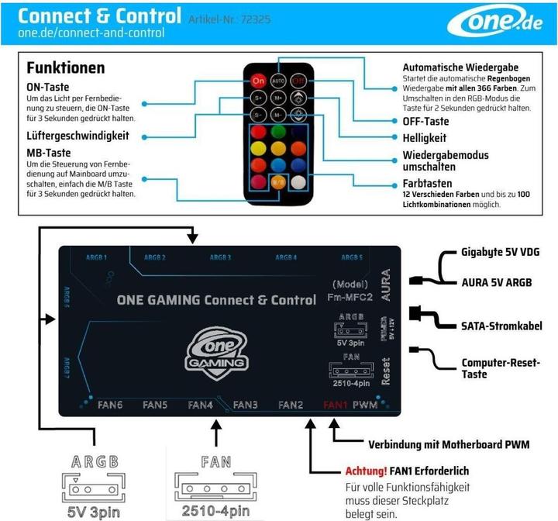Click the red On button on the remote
pos(258,81)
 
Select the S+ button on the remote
pos(258,98)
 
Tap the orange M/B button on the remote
pos(278,181)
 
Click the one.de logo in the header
pos(504,24)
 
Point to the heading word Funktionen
pos(65,68)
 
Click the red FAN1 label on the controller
pos(335,405)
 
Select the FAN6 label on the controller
pos(109,405)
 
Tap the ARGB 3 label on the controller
pos(221,257)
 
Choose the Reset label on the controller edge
pos(385,371)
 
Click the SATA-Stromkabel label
pos(501,326)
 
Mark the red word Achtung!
pos(366,471)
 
